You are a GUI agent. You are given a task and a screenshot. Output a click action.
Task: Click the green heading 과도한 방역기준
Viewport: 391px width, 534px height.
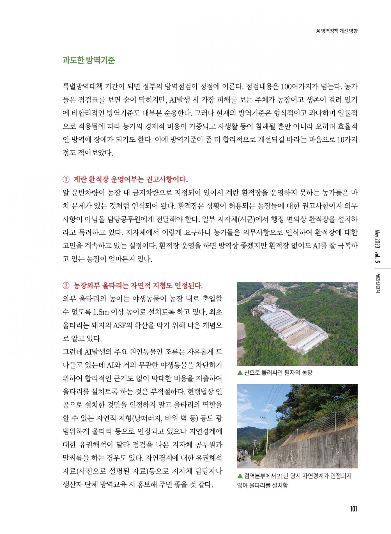[89, 60]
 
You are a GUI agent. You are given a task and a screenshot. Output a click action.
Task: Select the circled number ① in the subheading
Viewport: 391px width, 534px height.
[66, 179]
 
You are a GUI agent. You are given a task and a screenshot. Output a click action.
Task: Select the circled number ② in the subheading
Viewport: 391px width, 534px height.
[66, 285]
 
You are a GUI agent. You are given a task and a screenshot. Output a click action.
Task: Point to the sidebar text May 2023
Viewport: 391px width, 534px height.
[377, 239]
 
